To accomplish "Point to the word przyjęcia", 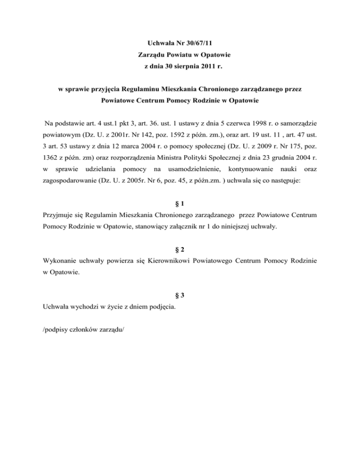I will (x=103, y=89).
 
